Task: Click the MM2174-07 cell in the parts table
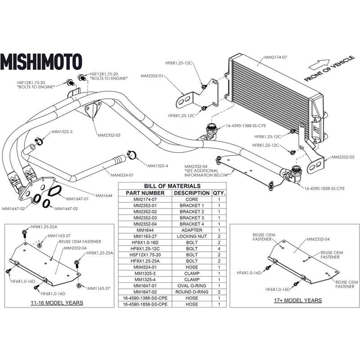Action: pos(145,199)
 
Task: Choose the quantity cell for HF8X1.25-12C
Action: pos(219,248)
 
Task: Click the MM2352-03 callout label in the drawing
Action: pos(108,135)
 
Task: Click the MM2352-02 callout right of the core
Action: pos(342,157)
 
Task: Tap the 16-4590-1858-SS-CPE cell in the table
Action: pos(145,304)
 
